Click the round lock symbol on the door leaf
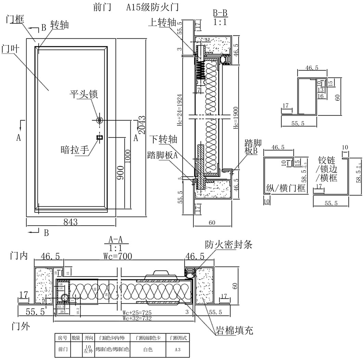coord(100,120)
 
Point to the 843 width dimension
coord(71,222)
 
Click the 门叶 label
coord(12,49)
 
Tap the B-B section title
coord(220,13)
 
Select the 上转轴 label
coord(162,22)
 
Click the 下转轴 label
coord(164,139)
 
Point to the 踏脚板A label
coord(162,155)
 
